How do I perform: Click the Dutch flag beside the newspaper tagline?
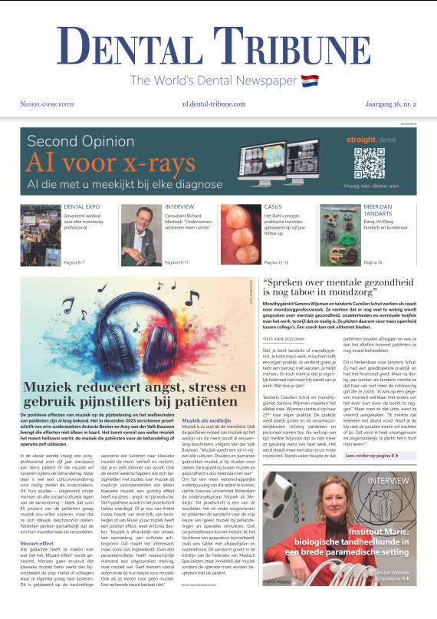pos(310,81)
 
